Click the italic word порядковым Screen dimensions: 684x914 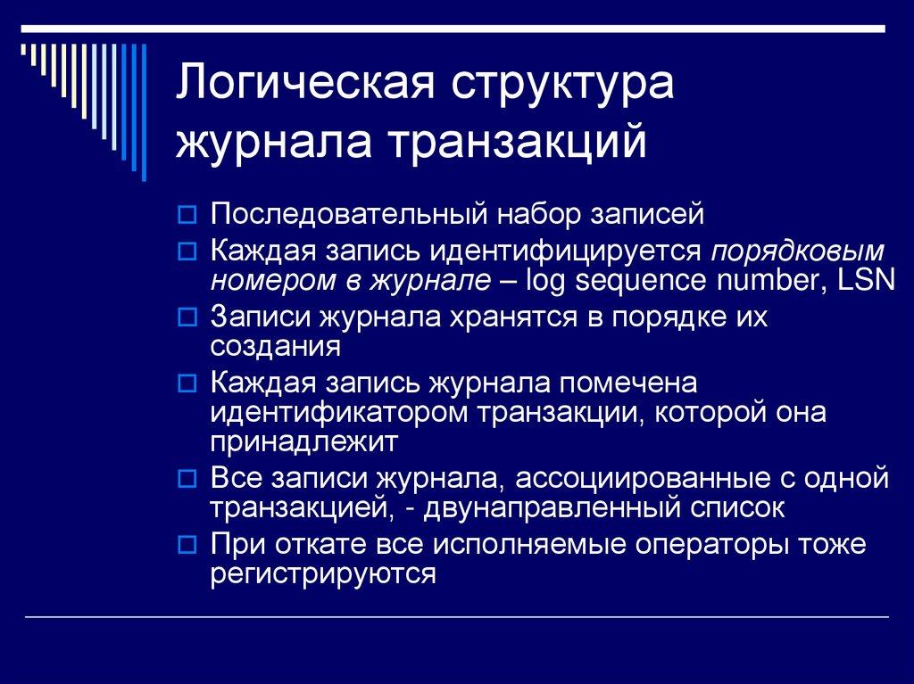point(799,249)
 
